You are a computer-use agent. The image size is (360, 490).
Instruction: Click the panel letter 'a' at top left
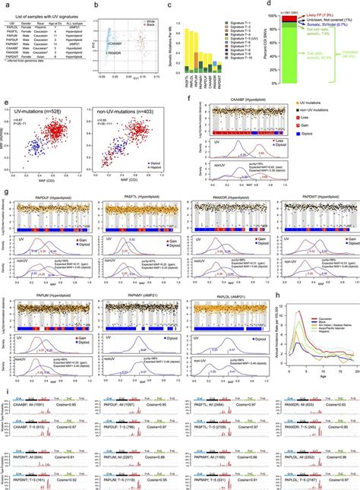(4, 5)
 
